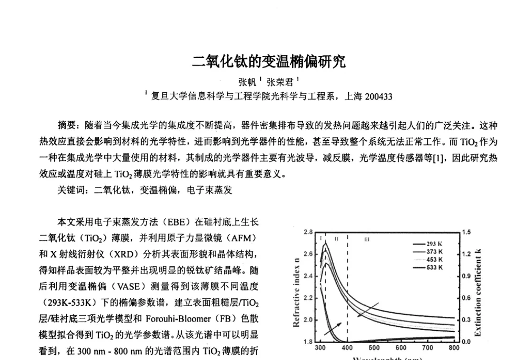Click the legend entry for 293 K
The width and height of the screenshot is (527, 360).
click(x=427, y=244)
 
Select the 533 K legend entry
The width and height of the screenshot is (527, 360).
click(x=427, y=267)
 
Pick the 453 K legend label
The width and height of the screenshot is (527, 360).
click(x=427, y=259)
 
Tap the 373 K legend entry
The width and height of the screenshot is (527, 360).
click(x=427, y=251)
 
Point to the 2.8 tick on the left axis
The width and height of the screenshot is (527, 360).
click(x=308, y=232)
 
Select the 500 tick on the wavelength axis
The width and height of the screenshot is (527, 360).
click(x=374, y=348)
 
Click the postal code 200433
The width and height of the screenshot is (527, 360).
click(x=378, y=96)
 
